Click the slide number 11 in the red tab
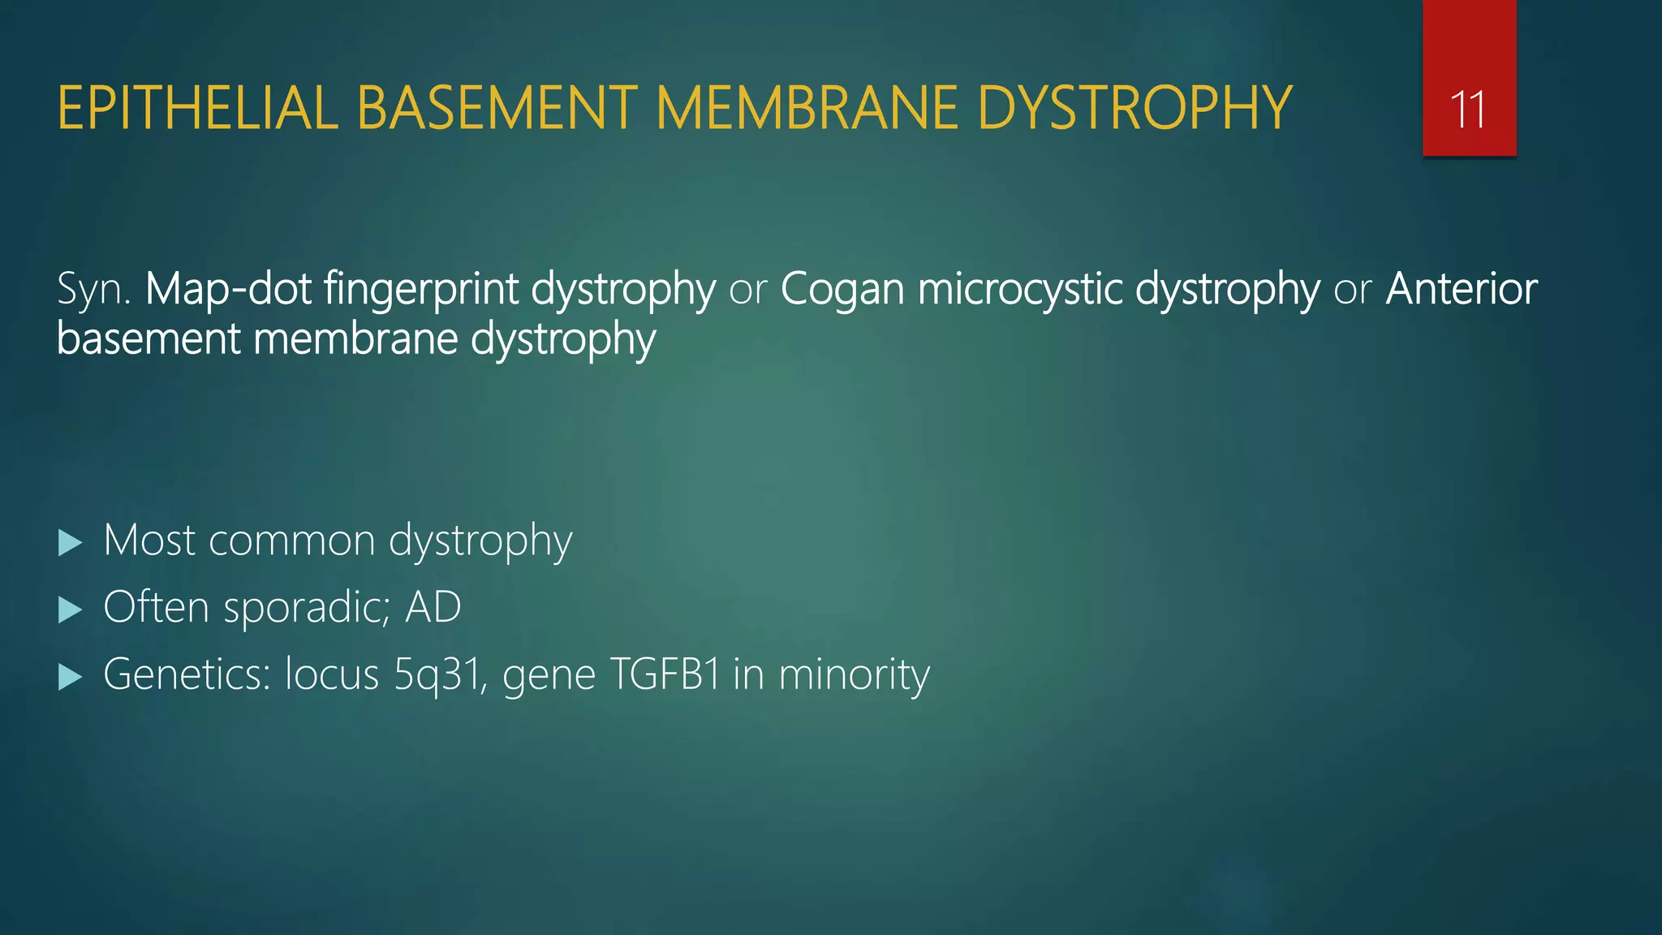click(1468, 110)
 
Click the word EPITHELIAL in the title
click(197, 108)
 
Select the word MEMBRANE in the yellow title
click(807, 108)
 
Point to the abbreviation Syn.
click(93, 290)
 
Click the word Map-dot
click(228, 289)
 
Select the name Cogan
click(842, 291)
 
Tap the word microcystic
click(1018, 289)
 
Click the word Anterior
click(1461, 289)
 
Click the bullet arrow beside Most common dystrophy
click(71, 543)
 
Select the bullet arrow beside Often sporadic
click(71, 610)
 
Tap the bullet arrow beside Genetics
click(71, 676)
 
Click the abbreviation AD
click(433, 607)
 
